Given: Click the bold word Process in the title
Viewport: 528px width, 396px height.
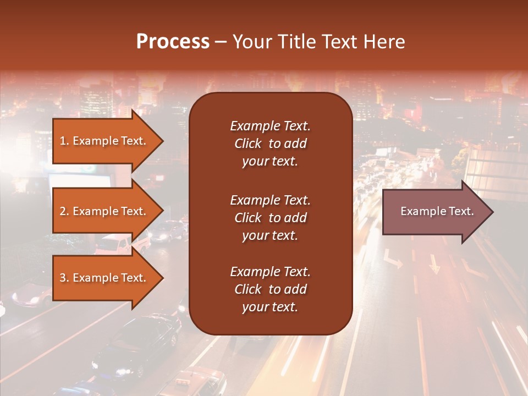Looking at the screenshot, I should [173, 42].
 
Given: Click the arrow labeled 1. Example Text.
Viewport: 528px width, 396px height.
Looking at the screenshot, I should [105, 141].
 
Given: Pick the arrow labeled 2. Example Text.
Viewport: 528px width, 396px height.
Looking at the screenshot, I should [105, 211].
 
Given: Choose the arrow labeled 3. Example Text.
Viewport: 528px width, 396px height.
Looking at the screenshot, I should [105, 278].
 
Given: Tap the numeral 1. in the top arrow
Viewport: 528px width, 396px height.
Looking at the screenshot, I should [64, 141].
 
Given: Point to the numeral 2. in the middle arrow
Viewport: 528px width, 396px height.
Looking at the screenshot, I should [64, 211].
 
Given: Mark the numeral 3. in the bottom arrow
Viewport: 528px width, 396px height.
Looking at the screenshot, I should [64, 278].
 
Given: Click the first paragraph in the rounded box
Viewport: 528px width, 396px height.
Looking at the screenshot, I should [270, 144].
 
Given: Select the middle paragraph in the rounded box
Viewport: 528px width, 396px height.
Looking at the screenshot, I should [270, 218].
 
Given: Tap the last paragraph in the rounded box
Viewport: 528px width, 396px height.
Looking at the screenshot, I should [270, 289].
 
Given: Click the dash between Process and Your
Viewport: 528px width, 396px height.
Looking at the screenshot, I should [221, 42].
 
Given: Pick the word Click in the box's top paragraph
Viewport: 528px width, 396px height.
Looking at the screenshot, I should [248, 144].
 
